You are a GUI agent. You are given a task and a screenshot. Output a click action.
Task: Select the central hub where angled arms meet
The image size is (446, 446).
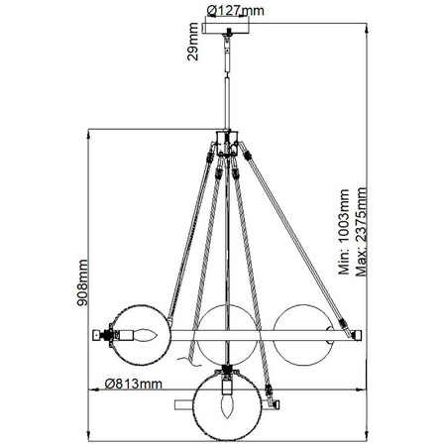pyautogui.click(x=230, y=147)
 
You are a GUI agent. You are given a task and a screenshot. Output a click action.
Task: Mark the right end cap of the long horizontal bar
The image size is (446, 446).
pyautogui.click(x=361, y=335)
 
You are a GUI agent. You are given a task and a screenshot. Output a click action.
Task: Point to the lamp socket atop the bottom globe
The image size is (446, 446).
pyautogui.click(x=230, y=374)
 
